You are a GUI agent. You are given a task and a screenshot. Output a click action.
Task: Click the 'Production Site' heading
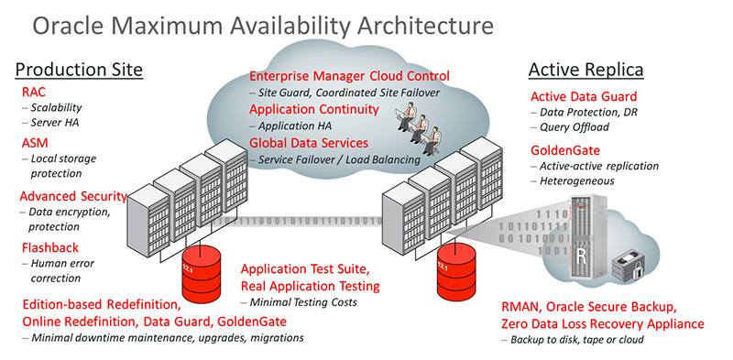tap(81, 70)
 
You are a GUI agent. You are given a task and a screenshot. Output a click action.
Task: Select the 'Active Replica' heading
tap(587, 70)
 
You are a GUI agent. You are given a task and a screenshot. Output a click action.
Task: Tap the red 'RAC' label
tap(34, 93)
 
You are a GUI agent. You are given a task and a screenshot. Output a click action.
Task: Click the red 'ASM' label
tap(36, 144)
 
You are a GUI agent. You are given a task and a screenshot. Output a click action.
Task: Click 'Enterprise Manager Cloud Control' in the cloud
tap(349, 75)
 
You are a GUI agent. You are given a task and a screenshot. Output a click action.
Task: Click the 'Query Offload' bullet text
tap(574, 127)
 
